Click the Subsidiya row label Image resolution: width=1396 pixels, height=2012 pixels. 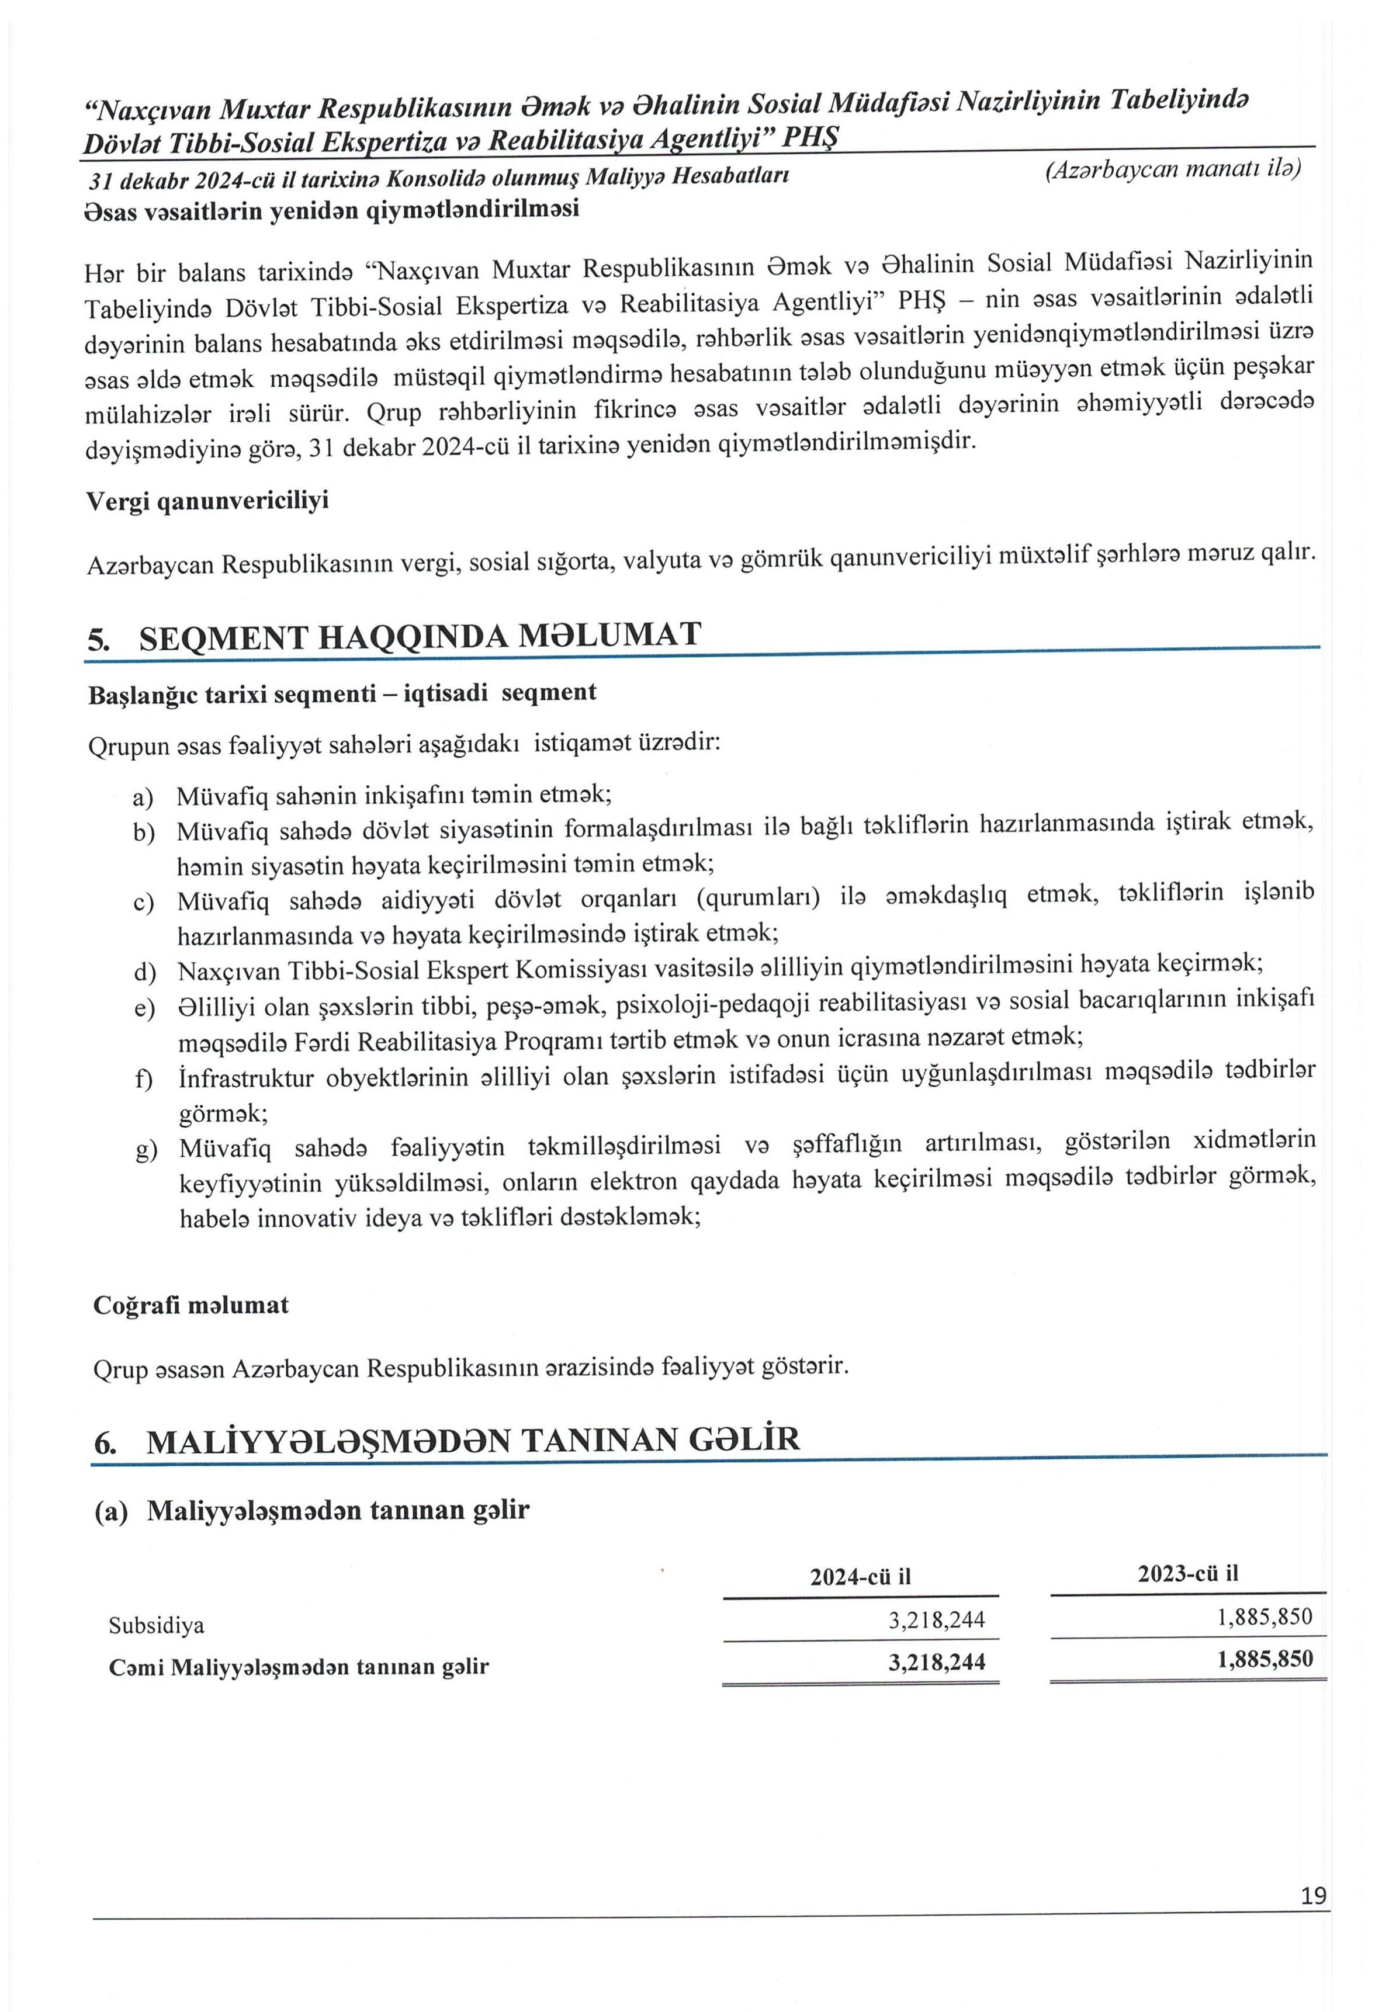click(157, 1625)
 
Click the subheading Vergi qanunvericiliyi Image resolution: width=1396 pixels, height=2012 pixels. click(207, 501)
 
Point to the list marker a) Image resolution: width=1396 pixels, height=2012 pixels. click(143, 797)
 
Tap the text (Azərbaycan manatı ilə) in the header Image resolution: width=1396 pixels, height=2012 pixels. click(1172, 169)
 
